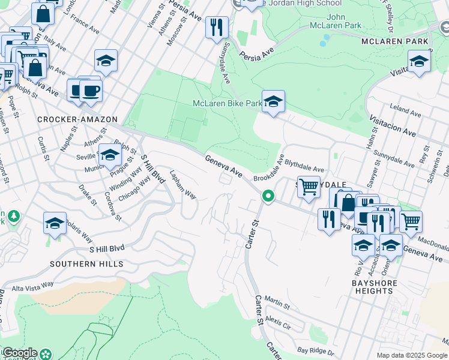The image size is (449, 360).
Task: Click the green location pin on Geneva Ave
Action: point(268,196)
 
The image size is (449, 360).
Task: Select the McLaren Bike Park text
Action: point(227,103)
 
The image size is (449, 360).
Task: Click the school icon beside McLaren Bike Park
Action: point(273,101)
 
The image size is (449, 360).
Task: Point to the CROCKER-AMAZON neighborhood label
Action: point(77,119)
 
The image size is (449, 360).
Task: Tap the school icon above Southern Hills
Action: point(55,224)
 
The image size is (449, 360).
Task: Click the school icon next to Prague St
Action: point(109,156)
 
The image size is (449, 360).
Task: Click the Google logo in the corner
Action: point(19,353)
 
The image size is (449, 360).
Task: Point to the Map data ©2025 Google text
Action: point(412,355)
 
